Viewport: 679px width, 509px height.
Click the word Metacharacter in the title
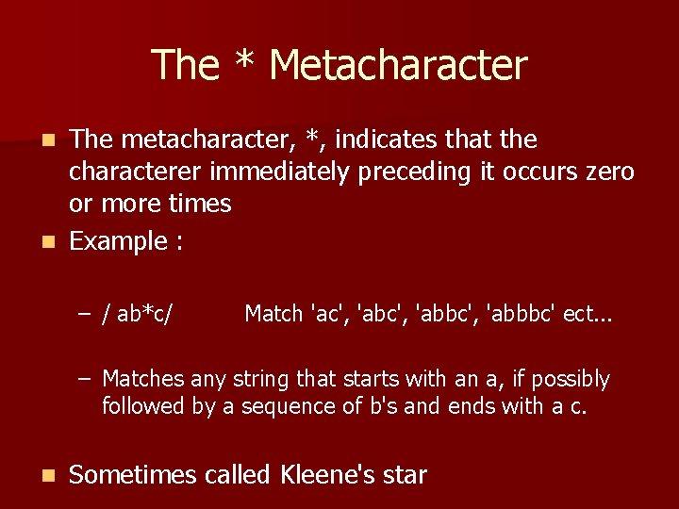[397, 64]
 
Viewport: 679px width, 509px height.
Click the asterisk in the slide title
[244, 62]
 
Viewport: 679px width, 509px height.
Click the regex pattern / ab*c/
[144, 314]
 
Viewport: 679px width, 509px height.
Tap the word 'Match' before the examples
[273, 314]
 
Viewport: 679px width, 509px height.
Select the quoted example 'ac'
[325, 314]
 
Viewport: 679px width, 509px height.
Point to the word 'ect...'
[588, 314]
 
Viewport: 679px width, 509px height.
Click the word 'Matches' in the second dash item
[143, 379]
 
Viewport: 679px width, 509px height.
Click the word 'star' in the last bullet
[405, 475]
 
